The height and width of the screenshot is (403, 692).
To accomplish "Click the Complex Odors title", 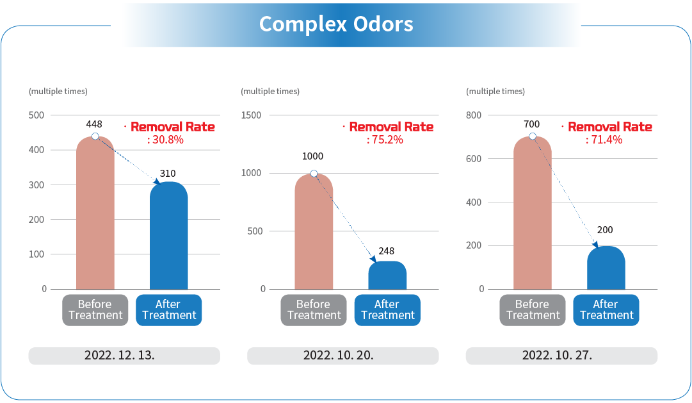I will coord(336,24).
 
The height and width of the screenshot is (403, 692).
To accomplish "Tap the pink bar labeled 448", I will coord(95,215).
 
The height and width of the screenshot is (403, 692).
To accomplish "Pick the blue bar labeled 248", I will coord(387,276).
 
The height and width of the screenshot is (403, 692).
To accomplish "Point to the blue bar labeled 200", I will coord(606,268).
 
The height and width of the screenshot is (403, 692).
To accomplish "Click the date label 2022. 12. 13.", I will coord(120,356).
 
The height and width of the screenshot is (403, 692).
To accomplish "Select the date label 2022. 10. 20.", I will coord(339,356).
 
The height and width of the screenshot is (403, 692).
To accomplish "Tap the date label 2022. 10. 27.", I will coord(558,356).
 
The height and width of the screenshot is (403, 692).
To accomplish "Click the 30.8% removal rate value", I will coord(166,140).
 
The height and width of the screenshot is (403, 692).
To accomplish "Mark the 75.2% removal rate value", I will coord(385,140).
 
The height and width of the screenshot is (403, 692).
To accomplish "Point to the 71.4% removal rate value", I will coord(604,140).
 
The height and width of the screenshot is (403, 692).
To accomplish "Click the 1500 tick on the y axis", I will coord(252,115).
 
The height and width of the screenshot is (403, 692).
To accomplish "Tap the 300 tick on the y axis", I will coord(38,185).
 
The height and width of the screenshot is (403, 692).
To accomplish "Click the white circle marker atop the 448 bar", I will coord(95,136).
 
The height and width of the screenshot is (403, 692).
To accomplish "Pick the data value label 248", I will coord(387,252).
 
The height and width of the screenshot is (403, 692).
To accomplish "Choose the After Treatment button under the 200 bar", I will coord(606,310).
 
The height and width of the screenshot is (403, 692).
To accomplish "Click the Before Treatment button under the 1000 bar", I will coord(314,310).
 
